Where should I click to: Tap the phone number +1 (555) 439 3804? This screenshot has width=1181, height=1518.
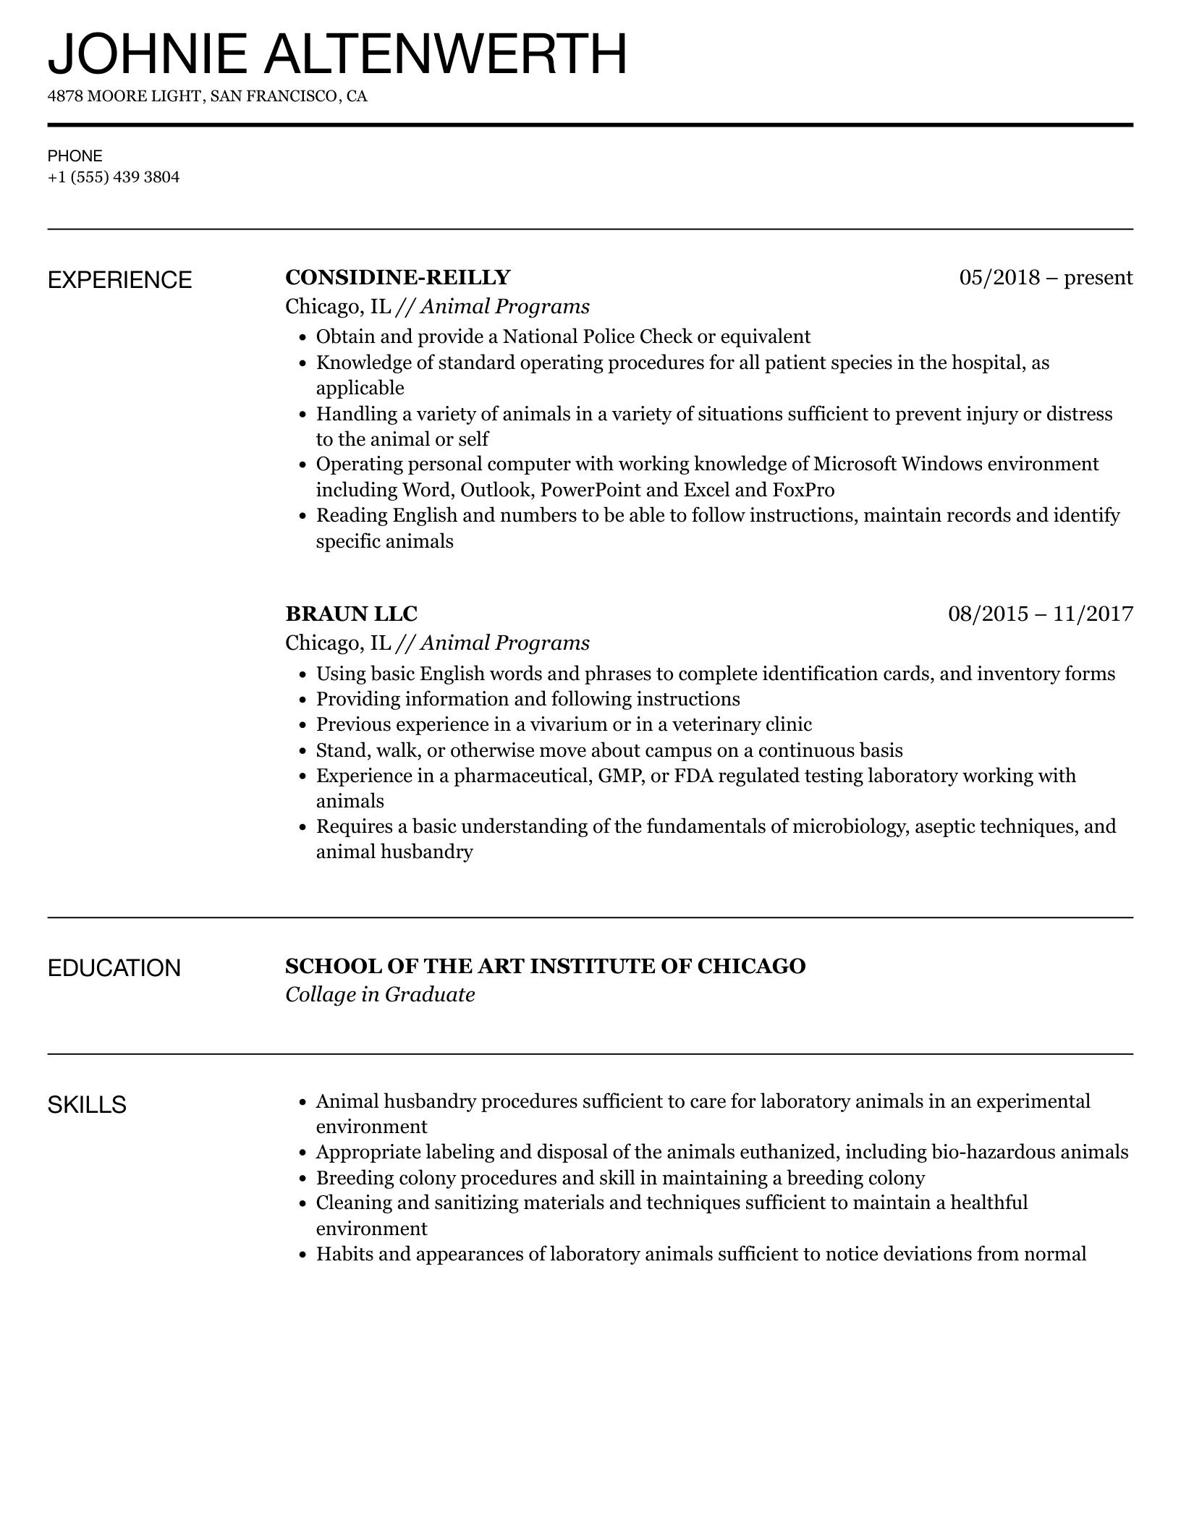(114, 177)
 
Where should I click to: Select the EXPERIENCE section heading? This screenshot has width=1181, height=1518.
(119, 280)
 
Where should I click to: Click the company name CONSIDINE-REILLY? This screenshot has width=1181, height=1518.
(398, 277)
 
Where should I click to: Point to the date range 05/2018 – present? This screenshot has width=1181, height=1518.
(1046, 277)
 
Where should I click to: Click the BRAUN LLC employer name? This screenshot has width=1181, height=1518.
(351, 614)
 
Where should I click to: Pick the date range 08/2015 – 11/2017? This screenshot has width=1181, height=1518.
(1040, 614)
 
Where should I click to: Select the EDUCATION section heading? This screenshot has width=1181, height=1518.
(114, 968)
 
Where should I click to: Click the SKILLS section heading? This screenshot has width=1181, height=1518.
(87, 1105)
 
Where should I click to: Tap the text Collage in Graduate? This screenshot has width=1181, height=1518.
(380, 995)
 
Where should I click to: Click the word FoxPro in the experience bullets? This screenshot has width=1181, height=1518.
(803, 490)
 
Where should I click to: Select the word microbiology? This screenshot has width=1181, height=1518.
(850, 826)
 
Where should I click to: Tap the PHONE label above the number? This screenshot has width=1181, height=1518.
(75, 156)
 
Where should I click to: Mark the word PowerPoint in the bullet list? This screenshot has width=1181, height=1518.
(590, 490)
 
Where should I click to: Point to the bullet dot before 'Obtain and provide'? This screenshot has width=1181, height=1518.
(302, 338)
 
